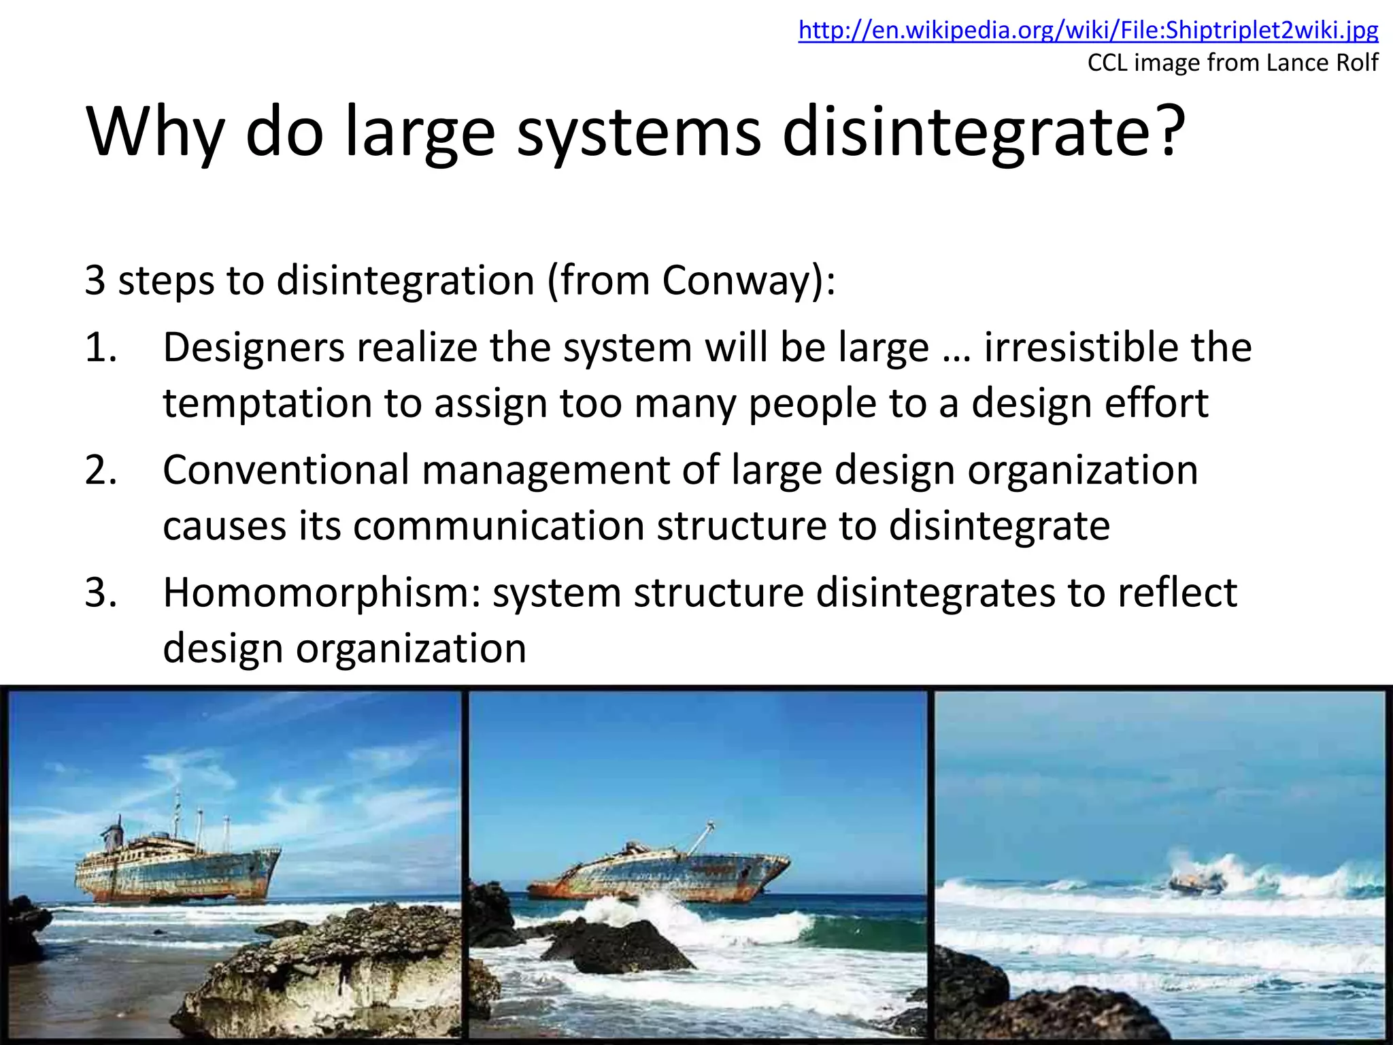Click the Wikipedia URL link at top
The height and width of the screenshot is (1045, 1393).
tap(1088, 31)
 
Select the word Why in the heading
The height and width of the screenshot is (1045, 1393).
tap(155, 133)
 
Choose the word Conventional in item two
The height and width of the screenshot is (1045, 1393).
tap(286, 471)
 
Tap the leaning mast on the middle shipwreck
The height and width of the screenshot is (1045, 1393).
tap(701, 837)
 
